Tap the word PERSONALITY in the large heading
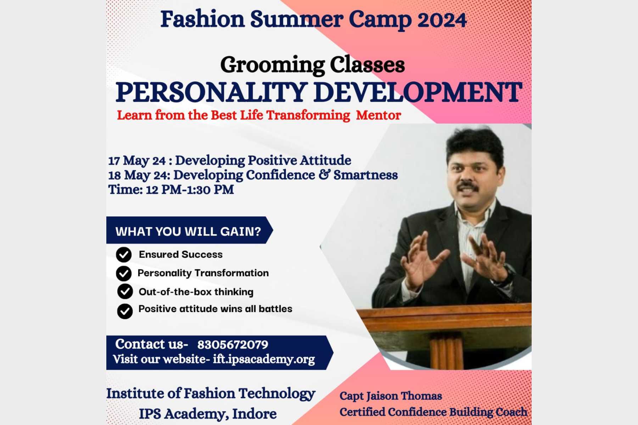coord(211,92)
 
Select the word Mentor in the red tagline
coord(378,115)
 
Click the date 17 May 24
coord(137,161)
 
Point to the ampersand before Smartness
coord(324,175)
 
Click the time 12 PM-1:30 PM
coord(190,189)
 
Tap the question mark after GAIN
coord(257,231)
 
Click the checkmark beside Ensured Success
coord(124,254)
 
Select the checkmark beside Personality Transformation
coord(124,273)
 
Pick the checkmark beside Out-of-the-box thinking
coord(125,291)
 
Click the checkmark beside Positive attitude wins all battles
coord(125,311)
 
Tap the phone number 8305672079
coord(233,345)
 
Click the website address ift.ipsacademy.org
coord(264,359)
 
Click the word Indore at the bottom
coord(254,414)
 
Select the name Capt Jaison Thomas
coord(391,396)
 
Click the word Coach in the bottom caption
coord(511,412)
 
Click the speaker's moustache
coord(468,186)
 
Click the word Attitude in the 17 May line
coord(325,160)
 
